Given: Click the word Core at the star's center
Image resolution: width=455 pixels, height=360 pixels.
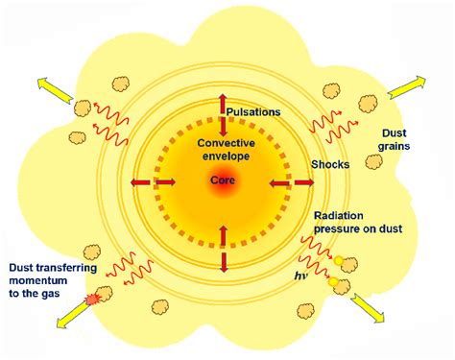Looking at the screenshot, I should tap(223, 180).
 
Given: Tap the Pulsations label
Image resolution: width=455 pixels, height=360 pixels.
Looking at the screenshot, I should tap(252, 112).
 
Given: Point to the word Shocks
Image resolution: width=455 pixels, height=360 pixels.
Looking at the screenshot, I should tap(329, 164).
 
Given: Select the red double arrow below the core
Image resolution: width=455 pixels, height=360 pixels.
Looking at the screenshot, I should tap(224, 248).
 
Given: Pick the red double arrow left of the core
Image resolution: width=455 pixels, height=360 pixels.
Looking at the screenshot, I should tap(142, 181).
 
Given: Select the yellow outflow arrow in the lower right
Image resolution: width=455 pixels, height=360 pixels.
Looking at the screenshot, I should tap(369, 308).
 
